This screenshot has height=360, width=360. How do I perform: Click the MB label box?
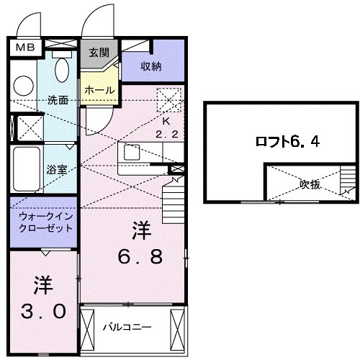[x=24, y=48]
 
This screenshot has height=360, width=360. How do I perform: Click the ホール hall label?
[x=98, y=89]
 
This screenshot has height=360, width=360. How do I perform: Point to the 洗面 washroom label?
[x=58, y=100]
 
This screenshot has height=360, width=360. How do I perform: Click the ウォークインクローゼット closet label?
[x=42, y=220]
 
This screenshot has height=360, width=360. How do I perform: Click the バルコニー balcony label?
[x=126, y=325]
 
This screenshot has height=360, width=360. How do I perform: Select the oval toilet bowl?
[x=62, y=70]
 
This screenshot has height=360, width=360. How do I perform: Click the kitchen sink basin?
[x=132, y=153]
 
